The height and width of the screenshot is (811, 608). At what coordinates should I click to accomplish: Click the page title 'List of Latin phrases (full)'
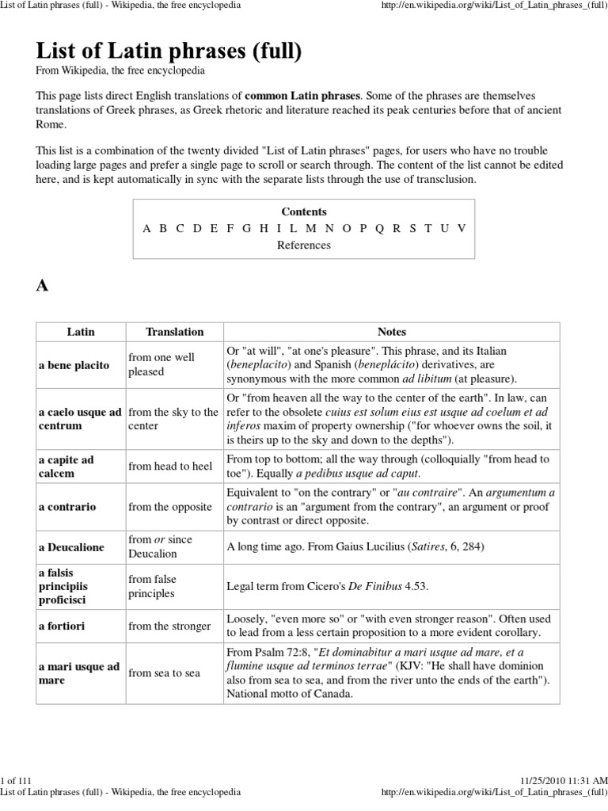click(x=169, y=54)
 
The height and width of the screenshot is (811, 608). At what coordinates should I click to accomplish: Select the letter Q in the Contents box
click(x=379, y=228)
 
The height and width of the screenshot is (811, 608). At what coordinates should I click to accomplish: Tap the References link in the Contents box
click(x=303, y=246)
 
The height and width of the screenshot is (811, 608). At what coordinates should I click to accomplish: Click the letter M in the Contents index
click(x=310, y=228)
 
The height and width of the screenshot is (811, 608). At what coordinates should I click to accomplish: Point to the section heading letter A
click(x=43, y=287)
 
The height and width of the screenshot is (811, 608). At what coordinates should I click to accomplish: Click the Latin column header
click(x=80, y=332)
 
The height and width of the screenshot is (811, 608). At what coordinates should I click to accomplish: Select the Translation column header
click(x=174, y=332)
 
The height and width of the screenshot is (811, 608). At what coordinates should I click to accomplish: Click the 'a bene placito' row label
click(x=75, y=365)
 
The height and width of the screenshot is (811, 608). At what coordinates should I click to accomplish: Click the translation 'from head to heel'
click(x=170, y=466)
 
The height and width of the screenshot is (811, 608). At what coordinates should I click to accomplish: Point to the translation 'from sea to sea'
click(x=164, y=673)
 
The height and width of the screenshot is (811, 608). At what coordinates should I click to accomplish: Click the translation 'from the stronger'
click(x=169, y=626)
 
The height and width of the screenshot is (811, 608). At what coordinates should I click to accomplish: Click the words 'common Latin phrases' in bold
click(x=307, y=96)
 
